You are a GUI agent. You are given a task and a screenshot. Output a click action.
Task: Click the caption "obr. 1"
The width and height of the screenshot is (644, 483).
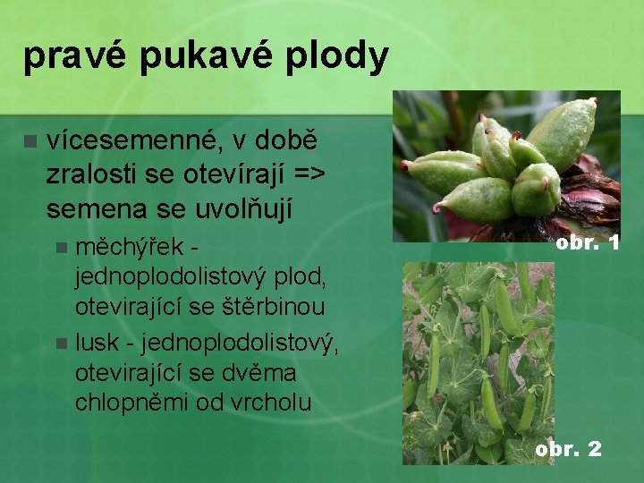tap(587, 242)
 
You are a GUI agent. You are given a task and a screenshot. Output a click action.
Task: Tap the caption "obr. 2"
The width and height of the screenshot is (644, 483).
tap(567, 448)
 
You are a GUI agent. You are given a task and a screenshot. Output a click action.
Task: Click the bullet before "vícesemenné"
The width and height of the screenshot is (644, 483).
tap(30, 141)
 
